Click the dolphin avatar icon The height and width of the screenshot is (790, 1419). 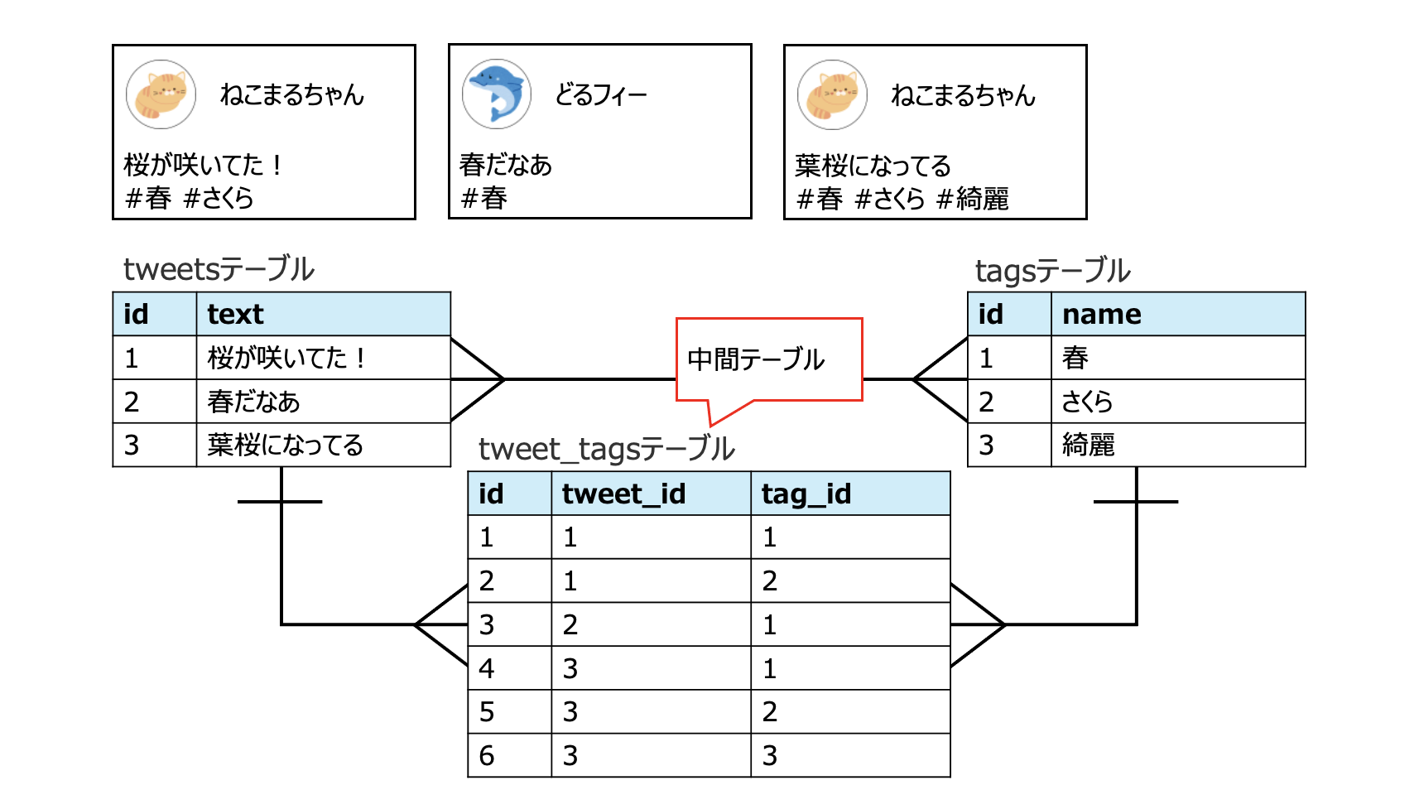(496, 94)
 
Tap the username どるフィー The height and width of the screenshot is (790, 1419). (600, 95)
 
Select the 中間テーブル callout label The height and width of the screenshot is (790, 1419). (756, 359)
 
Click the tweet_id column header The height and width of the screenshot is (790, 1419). (623, 494)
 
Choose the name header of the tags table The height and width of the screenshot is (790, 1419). (1101, 314)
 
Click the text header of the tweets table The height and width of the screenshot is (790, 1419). (235, 314)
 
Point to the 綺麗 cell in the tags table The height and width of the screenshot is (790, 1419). (1088, 446)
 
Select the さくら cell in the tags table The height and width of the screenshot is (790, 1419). (1087, 402)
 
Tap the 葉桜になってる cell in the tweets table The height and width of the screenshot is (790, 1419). (285, 446)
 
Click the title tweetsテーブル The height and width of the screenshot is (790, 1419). (219, 269)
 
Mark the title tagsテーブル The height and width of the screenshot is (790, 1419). (1052, 271)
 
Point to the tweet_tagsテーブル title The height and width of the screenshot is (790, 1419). (606, 449)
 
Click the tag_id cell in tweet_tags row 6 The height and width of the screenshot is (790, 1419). (770, 755)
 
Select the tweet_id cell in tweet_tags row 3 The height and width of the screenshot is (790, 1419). (570, 624)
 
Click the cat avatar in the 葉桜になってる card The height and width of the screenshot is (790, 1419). (832, 94)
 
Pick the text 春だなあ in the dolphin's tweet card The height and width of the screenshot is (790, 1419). (505, 165)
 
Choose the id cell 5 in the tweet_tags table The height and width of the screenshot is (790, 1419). (487, 712)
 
